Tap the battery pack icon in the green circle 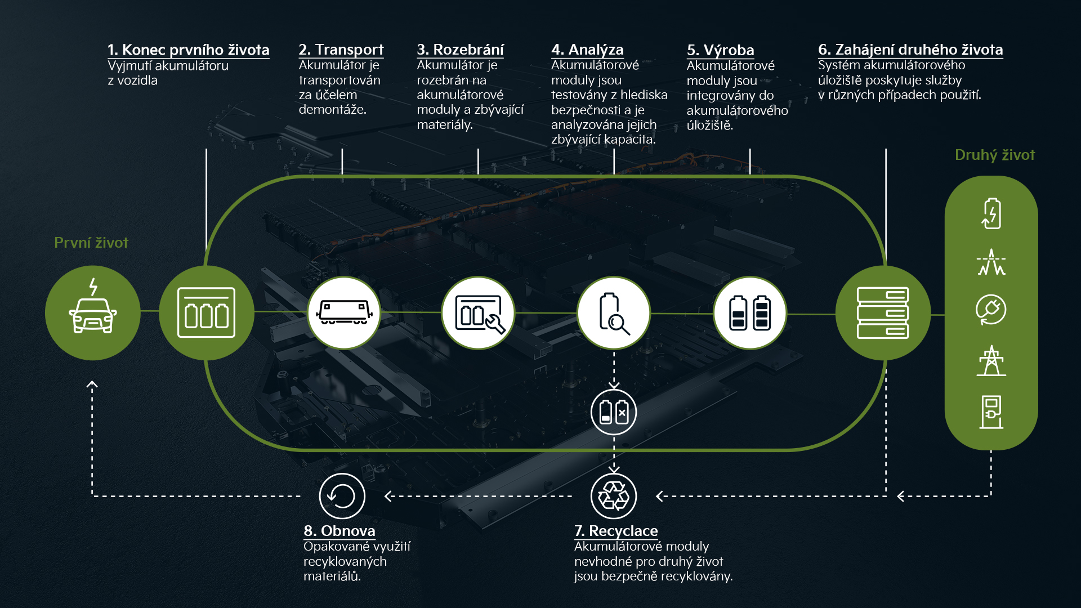click(206, 312)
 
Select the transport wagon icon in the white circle click(344, 312)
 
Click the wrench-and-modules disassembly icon click(480, 314)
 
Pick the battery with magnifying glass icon click(614, 314)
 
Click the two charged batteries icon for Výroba click(750, 312)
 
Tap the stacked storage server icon click(882, 313)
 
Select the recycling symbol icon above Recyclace click(614, 496)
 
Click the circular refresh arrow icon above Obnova click(342, 496)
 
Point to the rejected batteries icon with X click(614, 412)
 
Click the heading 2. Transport click(341, 50)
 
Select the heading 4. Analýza click(587, 50)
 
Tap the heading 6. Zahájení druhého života click(910, 50)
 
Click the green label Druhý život click(995, 155)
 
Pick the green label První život click(91, 243)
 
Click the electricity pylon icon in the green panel click(991, 360)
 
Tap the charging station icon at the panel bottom click(991, 412)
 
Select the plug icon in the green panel click(991, 310)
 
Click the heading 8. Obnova click(339, 531)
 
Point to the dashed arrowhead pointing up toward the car click(92, 385)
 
